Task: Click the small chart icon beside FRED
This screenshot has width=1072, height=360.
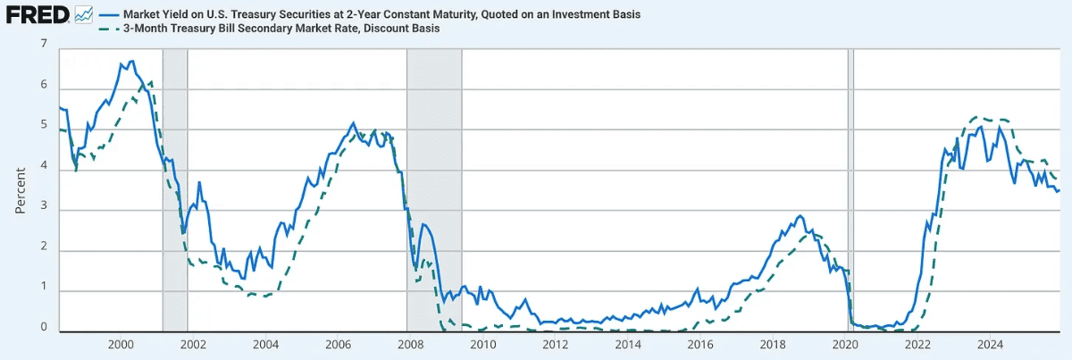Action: [x=84, y=15]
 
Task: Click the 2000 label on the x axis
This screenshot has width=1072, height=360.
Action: [x=121, y=344]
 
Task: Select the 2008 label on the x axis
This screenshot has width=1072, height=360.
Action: [x=408, y=344]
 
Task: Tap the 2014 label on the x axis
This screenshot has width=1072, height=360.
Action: [x=628, y=344]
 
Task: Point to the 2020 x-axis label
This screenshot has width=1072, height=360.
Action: [x=845, y=344]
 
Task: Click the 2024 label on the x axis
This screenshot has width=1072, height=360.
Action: [x=990, y=344]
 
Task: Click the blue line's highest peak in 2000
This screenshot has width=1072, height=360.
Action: [x=132, y=62]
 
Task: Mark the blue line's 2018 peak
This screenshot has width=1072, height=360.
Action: [x=800, y=216]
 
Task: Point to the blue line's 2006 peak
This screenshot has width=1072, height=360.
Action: [x=353, y=123]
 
